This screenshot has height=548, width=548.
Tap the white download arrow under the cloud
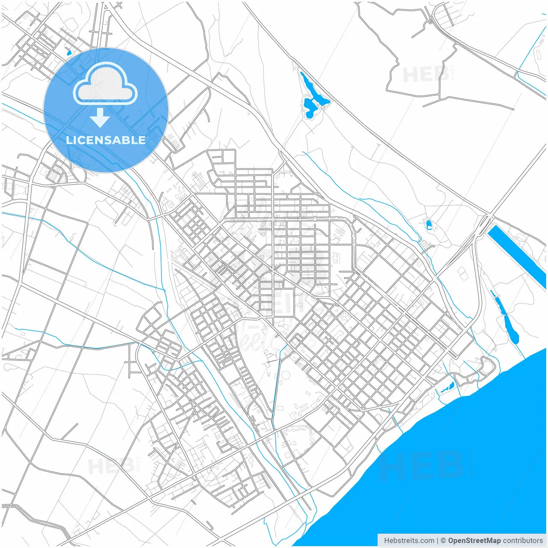(x=100, y=118)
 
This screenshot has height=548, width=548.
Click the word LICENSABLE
(x=105, y=140)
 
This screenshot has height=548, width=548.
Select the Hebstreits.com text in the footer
(x=409, y=540)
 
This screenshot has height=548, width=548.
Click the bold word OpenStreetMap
(x=474, y=540)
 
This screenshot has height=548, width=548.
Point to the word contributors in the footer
(x=523, y=540)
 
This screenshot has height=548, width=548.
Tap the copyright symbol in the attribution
(x=444, y=540)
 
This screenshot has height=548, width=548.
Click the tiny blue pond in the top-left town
(x=69, y=53)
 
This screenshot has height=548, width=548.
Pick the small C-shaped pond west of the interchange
(x=429, y=225)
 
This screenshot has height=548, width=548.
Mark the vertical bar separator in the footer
(x=438, y=540)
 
